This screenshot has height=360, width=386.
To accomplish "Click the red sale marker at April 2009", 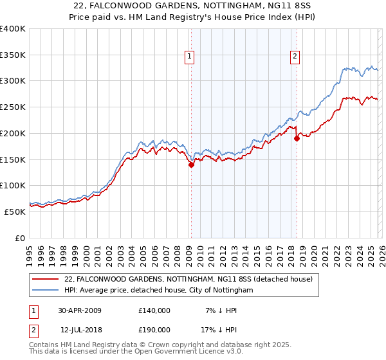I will [191, 165].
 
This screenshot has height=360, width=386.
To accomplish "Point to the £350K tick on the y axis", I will [12, 55].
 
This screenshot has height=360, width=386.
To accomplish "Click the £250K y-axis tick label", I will [12, 107].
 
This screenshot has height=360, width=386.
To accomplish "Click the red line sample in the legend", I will [45, 279].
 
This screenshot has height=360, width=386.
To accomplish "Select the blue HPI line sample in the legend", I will [45, 291].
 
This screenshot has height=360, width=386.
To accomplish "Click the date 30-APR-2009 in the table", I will [80, 310].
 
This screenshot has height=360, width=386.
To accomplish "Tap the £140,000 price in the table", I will [154, 310].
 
